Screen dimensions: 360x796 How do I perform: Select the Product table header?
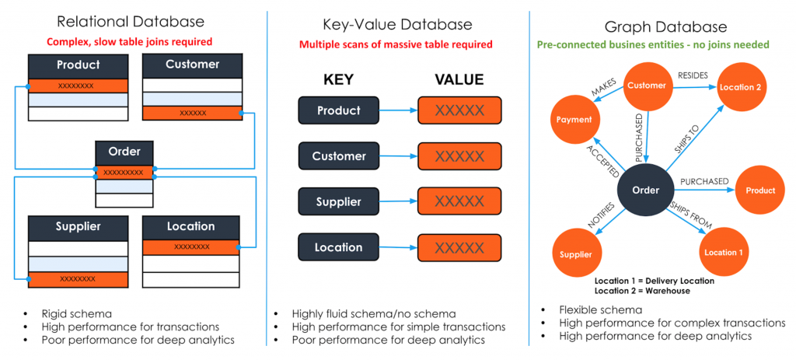(78, 65)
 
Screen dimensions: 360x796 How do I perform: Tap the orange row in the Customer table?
(192, 113)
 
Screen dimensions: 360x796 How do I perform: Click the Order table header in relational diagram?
(124, 152)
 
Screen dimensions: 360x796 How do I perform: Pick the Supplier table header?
(78, 227)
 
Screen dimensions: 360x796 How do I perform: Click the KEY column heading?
(338, 79)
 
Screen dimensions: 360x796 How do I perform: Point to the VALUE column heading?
(459, 79)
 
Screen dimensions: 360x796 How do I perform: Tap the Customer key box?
(339, 156)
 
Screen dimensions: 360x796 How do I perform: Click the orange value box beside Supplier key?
(459, 202)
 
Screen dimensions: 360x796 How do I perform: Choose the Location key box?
(339, 247)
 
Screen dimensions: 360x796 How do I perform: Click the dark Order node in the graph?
(646, 190)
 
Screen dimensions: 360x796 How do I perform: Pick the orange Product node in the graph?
(759, 190)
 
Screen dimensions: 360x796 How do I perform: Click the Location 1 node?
(723, 252)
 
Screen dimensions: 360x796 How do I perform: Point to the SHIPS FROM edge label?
(690, 215)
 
